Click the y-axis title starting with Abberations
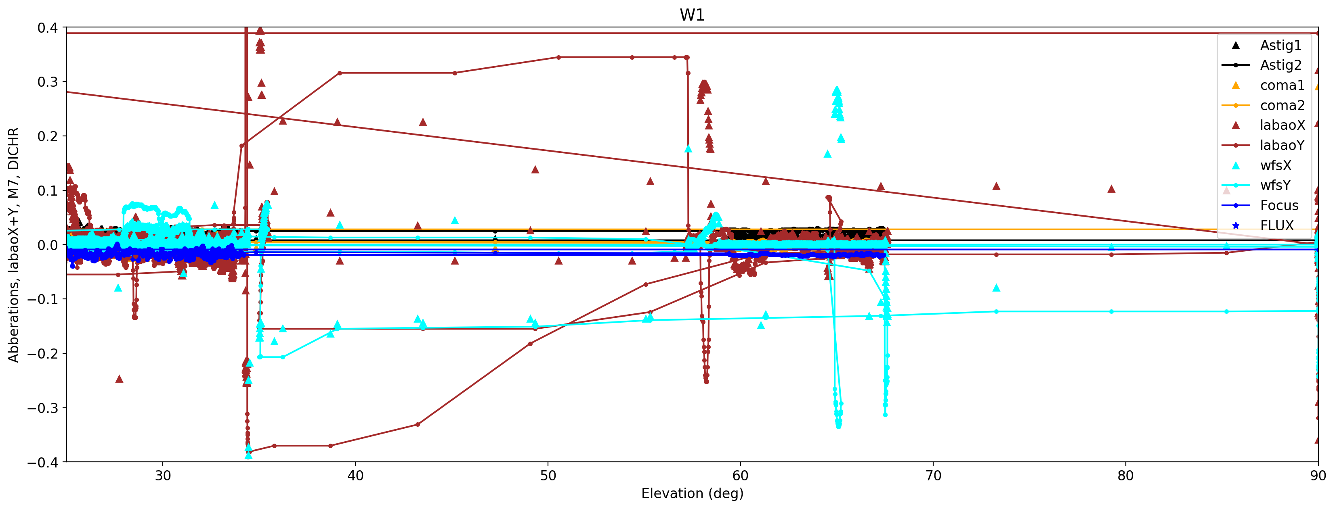coord(13,244)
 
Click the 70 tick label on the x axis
coord(933,476)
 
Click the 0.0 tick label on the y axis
coord(47,245)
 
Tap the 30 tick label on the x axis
coord(163,476)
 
